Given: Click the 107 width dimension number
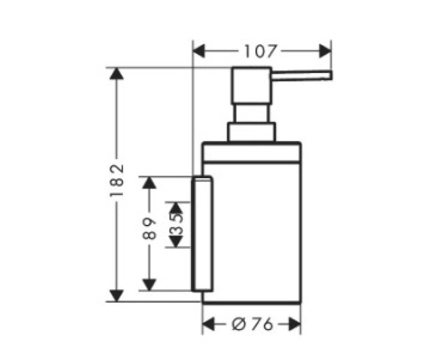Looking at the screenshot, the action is (259, 51).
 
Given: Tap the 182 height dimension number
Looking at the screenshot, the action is (117, 181).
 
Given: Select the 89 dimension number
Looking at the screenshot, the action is (149, 229).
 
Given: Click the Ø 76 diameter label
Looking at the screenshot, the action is (253, 323).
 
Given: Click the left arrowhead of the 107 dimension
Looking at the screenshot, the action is (199, 51).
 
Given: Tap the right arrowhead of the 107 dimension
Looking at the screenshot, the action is (325, 51).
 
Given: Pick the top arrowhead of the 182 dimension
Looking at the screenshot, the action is (117, 74).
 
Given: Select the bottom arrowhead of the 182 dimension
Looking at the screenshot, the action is (117, 296).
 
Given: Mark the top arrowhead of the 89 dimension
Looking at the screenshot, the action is (149, 183).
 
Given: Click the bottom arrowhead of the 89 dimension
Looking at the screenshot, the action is (149, 285).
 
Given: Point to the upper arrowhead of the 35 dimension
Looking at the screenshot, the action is (176, 208).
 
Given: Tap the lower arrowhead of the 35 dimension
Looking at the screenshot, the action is (176, 242).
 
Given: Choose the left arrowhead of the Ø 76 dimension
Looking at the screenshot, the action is (209, 323).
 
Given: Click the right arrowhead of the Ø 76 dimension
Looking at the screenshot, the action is (295, 323).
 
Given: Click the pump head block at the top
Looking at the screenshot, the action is (251, 86).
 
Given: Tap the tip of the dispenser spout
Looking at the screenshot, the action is (331, 75).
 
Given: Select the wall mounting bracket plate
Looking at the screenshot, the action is (202, 234).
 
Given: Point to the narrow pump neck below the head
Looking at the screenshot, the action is (250, 114).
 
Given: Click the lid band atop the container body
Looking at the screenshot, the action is (251, 153).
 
